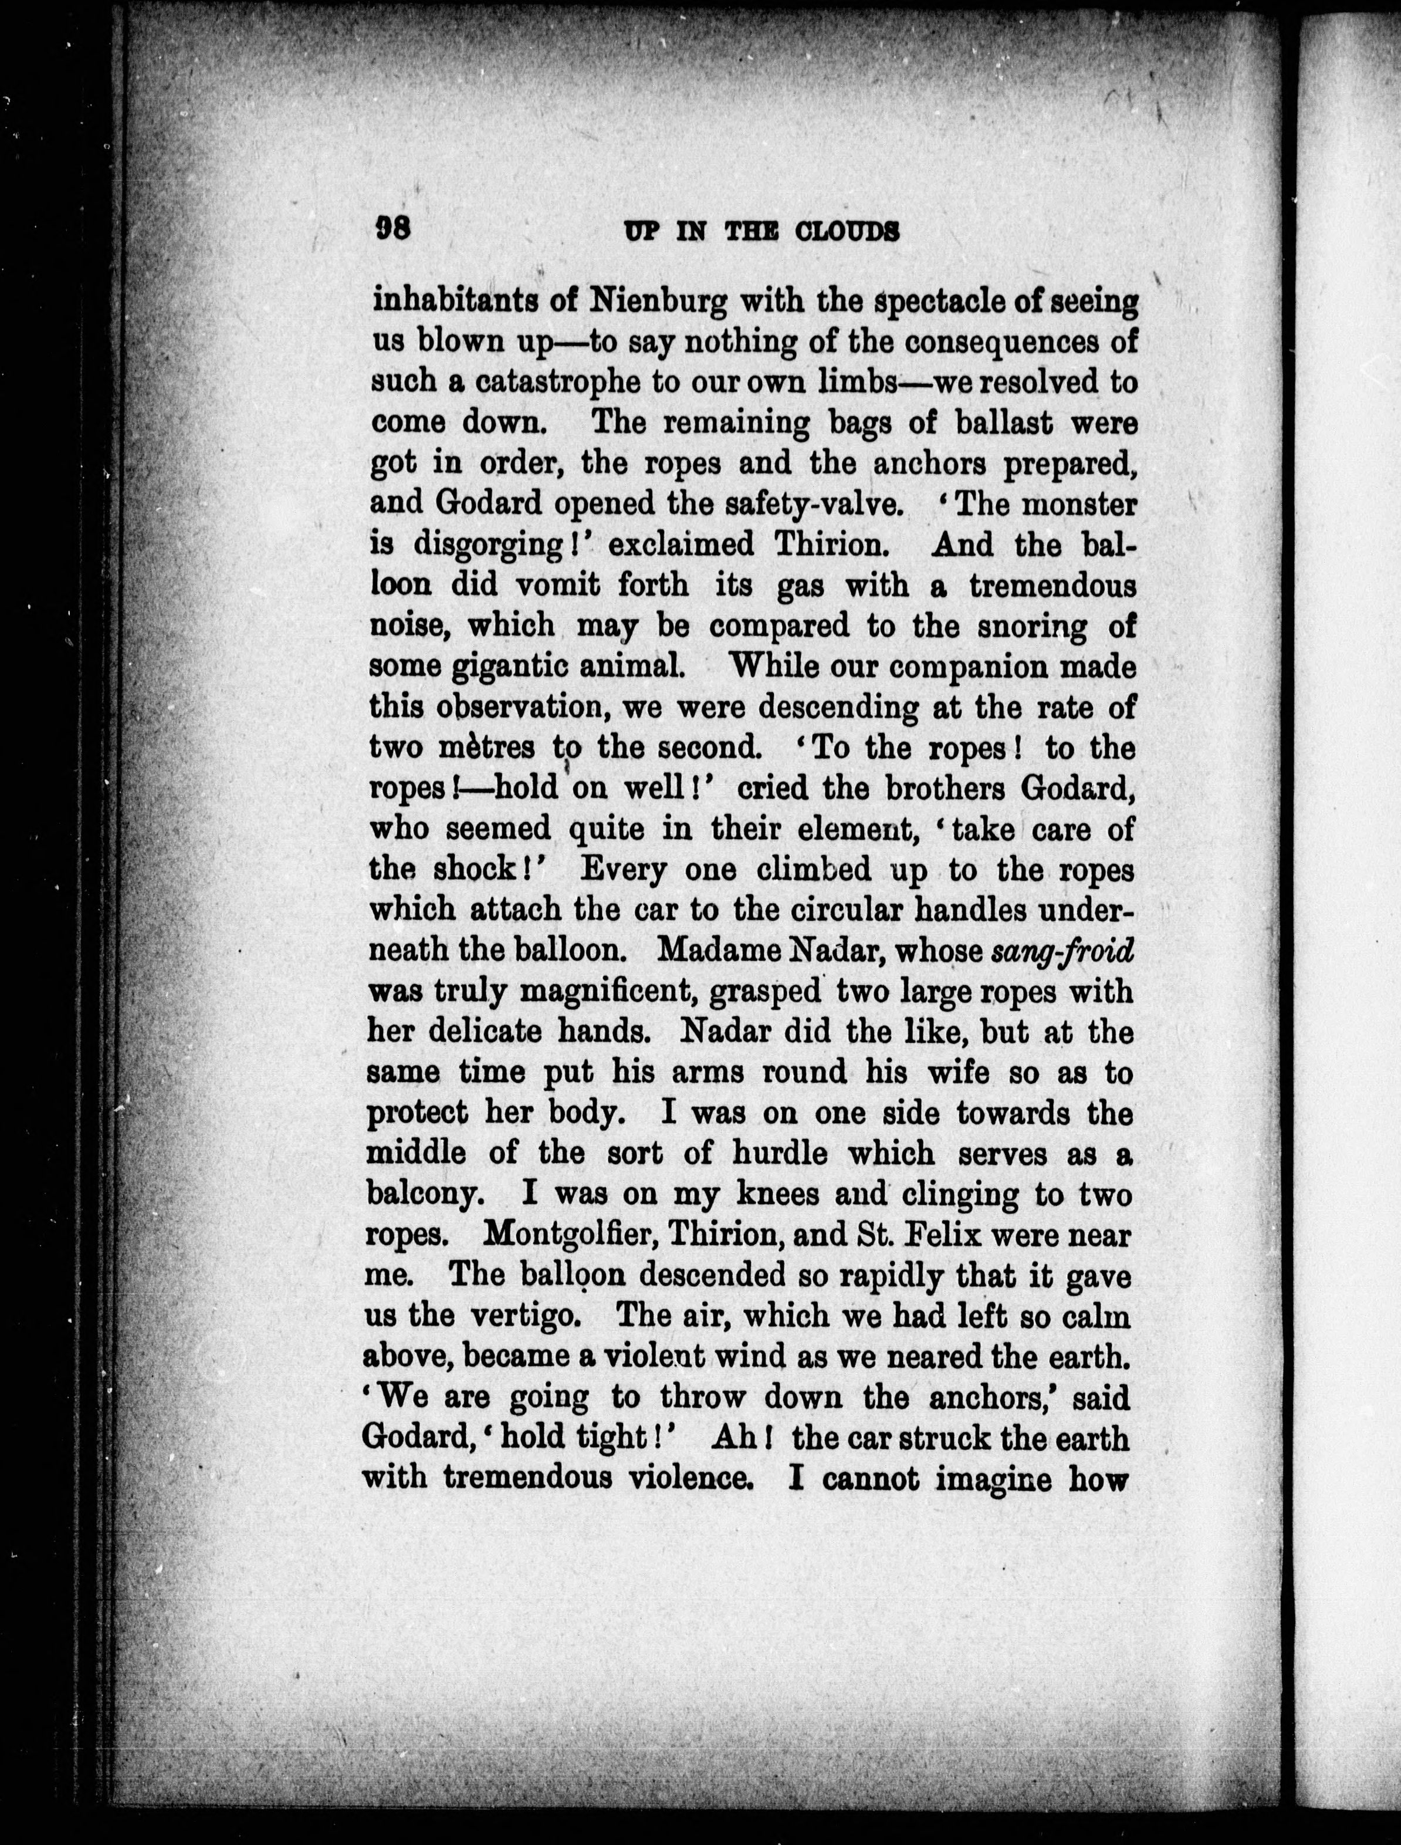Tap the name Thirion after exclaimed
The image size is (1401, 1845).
[x=827, y=545]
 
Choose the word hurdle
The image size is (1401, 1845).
[x=780, y=1154]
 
